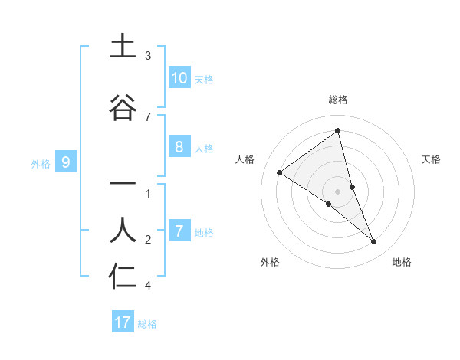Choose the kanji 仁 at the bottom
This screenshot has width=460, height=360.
[123, 277]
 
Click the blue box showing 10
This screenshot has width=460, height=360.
[179, 78]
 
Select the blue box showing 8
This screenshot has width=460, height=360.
[179, 148]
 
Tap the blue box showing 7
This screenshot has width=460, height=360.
[179, 231]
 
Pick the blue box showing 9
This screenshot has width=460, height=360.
[66, 162]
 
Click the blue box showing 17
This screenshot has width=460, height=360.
[123, 322]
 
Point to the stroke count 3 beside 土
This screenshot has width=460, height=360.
[148, 56]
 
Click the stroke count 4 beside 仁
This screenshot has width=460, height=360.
[148, 286]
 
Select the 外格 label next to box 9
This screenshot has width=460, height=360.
[41, 163]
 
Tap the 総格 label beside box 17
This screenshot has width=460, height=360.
[147, 323]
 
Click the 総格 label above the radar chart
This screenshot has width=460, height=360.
[338, 100]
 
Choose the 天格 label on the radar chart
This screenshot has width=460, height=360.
[432, 159]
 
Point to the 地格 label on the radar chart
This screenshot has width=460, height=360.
[402, 262]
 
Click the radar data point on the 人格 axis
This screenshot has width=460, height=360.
[279, 172]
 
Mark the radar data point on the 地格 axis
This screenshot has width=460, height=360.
[374, 241]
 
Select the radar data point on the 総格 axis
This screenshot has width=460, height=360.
[338, 131]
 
